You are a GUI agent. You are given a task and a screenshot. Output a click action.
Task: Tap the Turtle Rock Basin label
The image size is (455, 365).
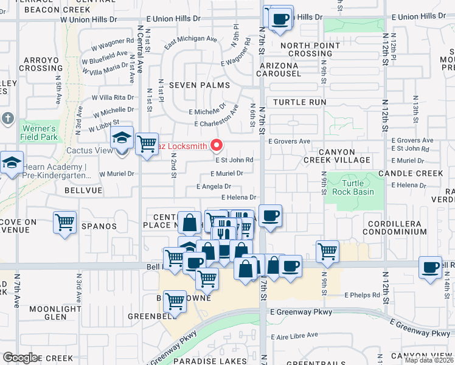pyautogui.click(x=353, y=187)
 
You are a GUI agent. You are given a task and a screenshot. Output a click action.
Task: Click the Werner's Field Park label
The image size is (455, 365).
pyautogui.click(x=39, y=133)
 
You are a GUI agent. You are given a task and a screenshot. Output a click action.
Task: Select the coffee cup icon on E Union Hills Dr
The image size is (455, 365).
pyautogui.click(x=280, y=18)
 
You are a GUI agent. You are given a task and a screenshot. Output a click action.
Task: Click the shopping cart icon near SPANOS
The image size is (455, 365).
pyautogui.click(x=65, y=222)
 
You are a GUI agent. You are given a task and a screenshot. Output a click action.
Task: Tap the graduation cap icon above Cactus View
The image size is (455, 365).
pyautogui.click(x=122, y=139)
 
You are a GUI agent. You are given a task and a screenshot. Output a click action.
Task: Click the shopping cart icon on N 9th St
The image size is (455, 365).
pyautogui.click(x=327, y=251)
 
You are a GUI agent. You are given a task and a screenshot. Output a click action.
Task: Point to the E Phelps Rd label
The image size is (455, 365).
pyautogui.click(x=362, y=295)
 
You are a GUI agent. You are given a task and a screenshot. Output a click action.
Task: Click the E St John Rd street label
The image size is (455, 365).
pyautogui.click(x=233, y=161)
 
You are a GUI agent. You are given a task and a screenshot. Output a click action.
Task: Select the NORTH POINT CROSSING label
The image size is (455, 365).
pyautogui.click(x=306, y=49)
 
